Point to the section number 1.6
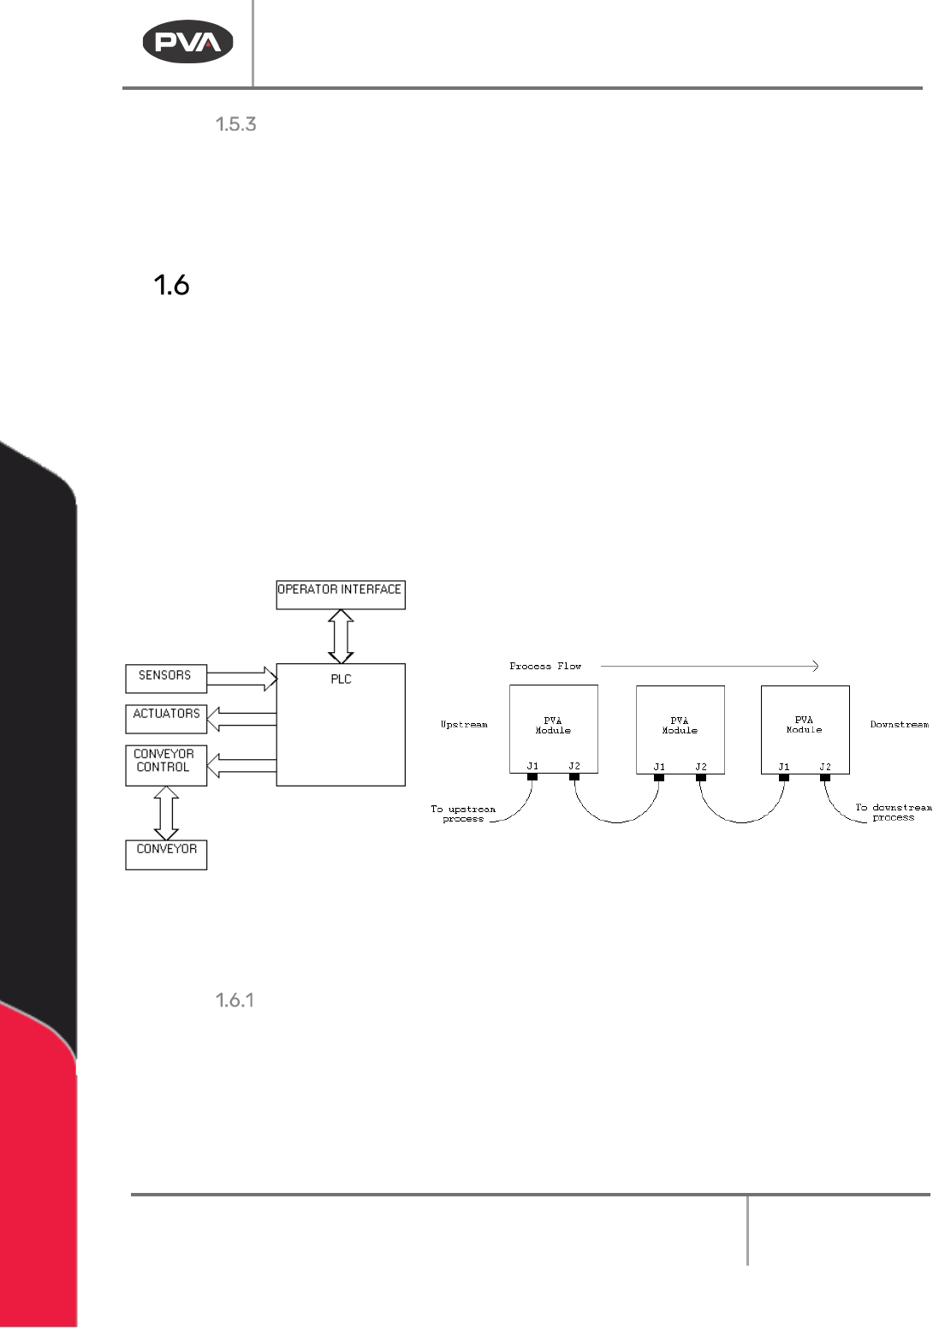tap(171, 286)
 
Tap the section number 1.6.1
tap(234, 1000)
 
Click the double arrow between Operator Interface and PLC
tap(341, 636)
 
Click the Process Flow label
tap(544, 666)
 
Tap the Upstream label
tap(464, 725)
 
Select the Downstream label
tap(899, 725)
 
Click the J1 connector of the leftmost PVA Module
tap(532, 777)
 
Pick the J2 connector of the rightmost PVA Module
tap(825, 777)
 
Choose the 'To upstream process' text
tap(462, 813)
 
